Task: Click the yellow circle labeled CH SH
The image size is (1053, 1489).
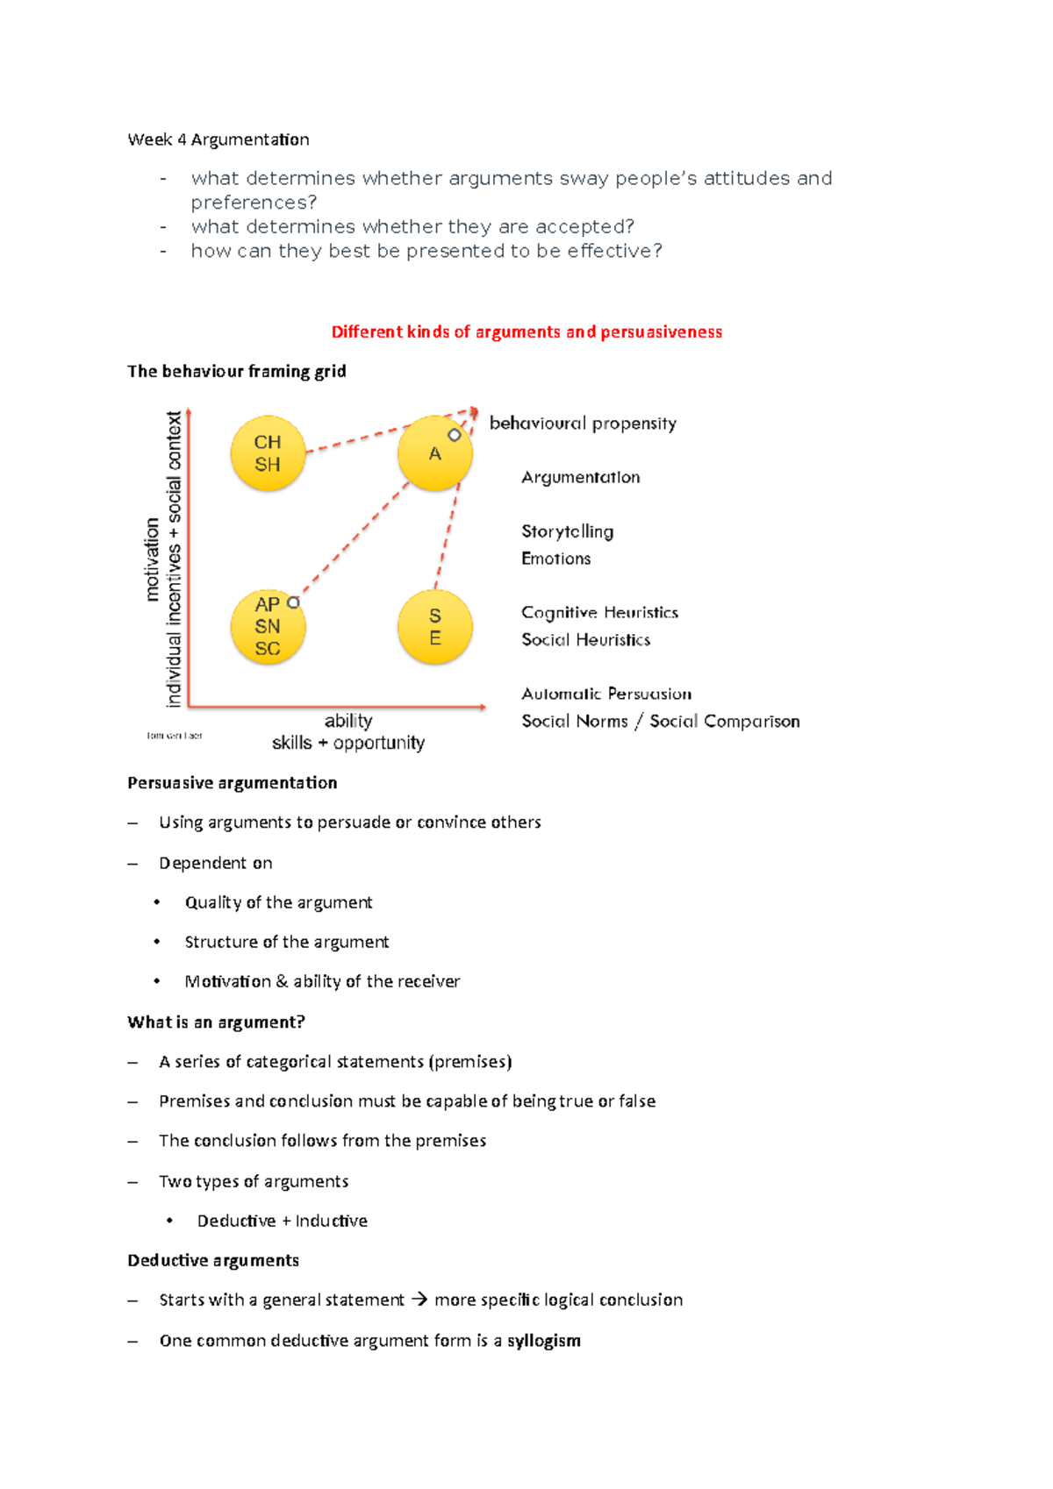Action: click(x=268, y=453)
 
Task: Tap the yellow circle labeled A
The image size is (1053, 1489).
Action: click(x=434, y=453)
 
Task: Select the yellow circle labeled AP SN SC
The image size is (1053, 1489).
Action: click(x=268, y=626)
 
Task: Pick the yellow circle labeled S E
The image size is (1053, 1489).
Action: click(x=434, y=626)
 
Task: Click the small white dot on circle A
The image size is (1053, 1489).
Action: click(x=455, y=435)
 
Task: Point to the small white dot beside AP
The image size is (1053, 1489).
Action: click(x=294, y=602)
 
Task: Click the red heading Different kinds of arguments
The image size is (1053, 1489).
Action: click(x=526, y=332)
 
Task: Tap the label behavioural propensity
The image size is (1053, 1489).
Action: click(x=583, y=424)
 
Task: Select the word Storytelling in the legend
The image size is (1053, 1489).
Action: click(x=567, y=531)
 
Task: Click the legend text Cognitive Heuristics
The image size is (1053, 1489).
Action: click(x=599, y=612)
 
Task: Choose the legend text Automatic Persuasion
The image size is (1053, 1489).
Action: click(x=606, y=694)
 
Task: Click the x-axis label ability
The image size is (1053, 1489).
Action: click(x=348, y=721)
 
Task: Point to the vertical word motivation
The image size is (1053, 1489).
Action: click(x=153, y=559)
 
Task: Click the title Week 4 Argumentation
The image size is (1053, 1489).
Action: click(x=218, y=139)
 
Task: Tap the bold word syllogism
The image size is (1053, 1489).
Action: click(x=543, y=1341)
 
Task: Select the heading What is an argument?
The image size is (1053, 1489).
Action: click(x=216, y=1022)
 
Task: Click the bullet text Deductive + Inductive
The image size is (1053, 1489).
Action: click(x=282, y=1221)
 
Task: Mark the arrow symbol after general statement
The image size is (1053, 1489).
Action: click(x=419, y=1300)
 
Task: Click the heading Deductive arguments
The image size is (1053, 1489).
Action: click(x=213, y=1260)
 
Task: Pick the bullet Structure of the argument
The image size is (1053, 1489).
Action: click(x=286, y=942)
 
